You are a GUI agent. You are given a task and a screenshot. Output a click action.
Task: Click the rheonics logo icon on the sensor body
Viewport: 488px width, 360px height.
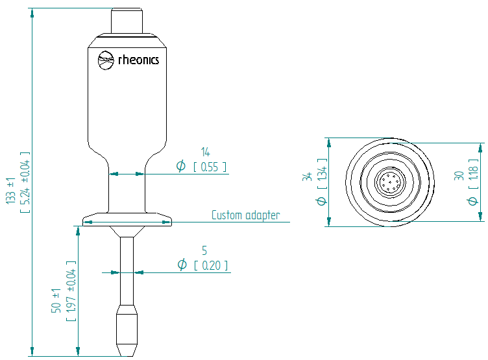(x=106, y=60)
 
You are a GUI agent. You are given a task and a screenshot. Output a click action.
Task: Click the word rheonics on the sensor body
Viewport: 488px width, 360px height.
(x=138, y=60)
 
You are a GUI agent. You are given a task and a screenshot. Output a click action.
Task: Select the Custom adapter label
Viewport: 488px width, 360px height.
(x=246, y=215)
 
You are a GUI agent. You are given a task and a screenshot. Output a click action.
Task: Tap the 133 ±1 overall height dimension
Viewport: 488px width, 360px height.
(x=11, y=191)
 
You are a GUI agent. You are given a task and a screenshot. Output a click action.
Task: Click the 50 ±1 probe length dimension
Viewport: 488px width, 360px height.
(x=56, y=299)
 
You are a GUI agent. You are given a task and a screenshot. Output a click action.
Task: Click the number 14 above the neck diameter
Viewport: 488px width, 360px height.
(x=205, y=152)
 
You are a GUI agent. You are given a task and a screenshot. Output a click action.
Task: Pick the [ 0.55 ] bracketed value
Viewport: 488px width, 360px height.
(x=210, y=167)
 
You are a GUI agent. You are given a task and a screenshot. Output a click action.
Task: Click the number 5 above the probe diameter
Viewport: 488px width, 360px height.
(x=205, y=250)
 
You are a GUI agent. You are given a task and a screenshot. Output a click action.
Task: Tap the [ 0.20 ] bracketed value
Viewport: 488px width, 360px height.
(x=210, y=265)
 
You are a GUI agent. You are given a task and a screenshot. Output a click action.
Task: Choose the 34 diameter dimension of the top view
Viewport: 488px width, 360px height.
(x=308, y=177)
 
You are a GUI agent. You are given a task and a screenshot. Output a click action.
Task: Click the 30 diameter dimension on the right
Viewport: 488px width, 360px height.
(x=459, y=176)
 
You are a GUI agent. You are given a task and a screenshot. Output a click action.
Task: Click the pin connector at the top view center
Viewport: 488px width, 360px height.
(x=390, y=181)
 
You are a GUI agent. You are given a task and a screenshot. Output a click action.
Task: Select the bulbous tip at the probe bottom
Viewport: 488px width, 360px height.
(x=127, y=328)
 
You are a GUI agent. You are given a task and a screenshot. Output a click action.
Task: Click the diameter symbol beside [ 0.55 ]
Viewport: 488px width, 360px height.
(x=181, y=167)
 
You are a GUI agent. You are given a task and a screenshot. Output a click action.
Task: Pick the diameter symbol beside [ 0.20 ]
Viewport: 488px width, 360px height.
(x=182, y=265)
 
